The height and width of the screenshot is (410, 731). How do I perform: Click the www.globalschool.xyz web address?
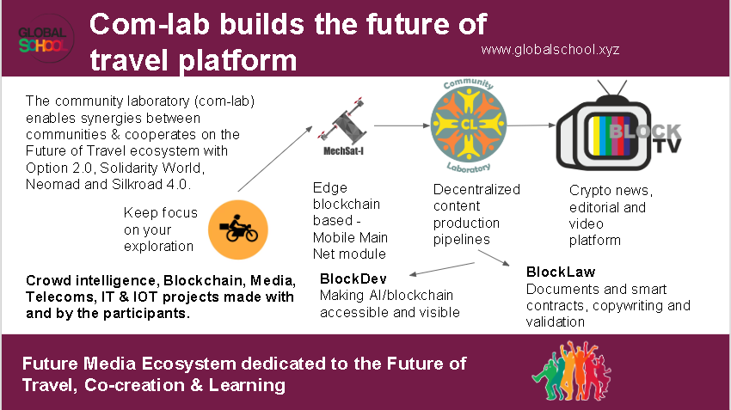coord(550,50)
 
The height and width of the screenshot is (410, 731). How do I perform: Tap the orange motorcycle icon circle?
coord(237,229)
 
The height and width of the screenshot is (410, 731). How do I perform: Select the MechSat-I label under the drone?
coord(344,151)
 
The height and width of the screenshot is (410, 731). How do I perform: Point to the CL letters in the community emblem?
coord(469,125)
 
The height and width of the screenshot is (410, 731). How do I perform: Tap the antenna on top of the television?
coord(612,89)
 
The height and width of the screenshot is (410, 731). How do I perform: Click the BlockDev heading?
coord(353,279)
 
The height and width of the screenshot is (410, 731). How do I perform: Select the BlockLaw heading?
coord(561,272)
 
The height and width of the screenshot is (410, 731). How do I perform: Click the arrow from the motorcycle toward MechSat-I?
coord(275,159)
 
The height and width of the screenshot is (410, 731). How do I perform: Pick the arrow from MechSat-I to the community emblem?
coord(402,125)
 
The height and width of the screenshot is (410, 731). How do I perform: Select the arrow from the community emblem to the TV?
coord(531,125)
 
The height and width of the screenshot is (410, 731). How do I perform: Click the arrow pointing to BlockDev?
coord(442,269)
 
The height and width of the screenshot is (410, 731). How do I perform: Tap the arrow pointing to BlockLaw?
coord(494,258)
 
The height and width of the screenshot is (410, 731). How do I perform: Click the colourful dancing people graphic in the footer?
coord(572,370)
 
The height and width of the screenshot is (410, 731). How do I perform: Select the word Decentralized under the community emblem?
coord(476,190)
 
